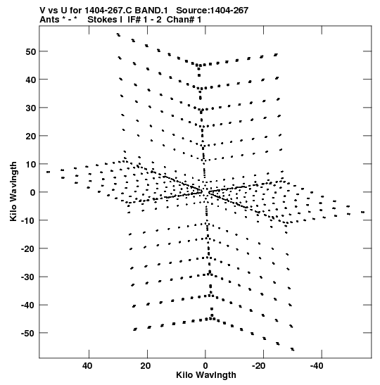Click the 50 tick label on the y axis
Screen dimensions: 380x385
pos(31,52)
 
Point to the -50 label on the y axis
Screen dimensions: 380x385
pos(28,334)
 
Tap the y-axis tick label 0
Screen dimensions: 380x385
pos(33,193)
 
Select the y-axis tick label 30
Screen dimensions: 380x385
pos(31,108)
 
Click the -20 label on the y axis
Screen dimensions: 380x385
pos(28,249)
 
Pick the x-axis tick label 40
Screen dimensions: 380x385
pos(87,366)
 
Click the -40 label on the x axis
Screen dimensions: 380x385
pos(316,366)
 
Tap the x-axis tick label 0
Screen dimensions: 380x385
pos(205,366)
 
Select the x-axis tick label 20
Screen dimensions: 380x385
pos(146,366)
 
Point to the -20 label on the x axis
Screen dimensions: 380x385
pos(258,366)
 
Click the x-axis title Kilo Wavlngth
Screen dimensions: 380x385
pos(206,375)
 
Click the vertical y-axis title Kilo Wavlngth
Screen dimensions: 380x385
pos(13,191)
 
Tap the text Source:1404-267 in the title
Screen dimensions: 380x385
pos(213,11)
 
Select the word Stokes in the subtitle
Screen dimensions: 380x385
pos(102,20)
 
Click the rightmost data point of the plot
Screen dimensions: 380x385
pos(363,212)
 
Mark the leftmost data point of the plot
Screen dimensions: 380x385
pos(48,172)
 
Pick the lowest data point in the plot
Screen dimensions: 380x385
pos(292,349)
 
